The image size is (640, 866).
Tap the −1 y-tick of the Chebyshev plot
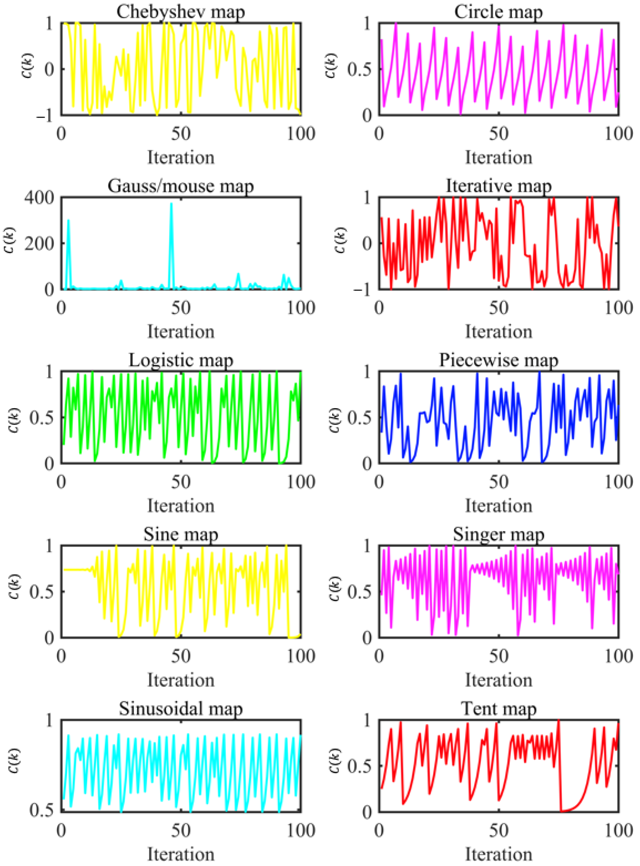click(44, 115)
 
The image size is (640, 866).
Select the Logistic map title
click(181, 360)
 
